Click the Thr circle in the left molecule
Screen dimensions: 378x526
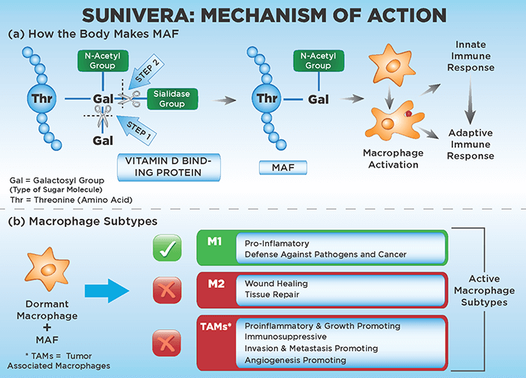(38, 99)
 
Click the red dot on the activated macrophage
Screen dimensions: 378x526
(407, 113)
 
